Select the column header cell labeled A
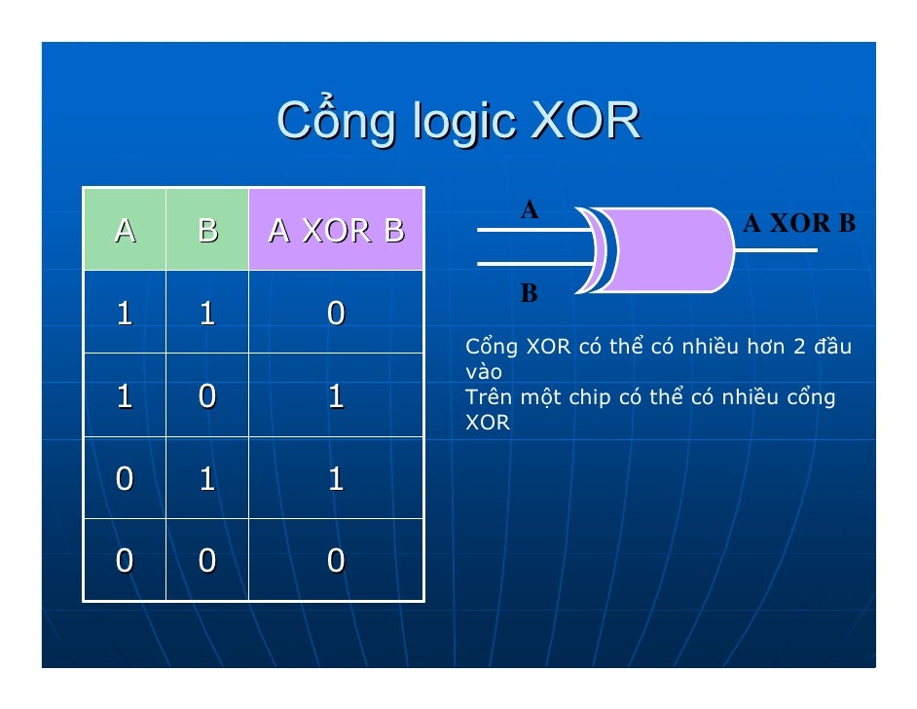125,230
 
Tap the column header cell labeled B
206,230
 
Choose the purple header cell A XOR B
336,230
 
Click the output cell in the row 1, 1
336,313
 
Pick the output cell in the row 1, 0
336,395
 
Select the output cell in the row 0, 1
336,478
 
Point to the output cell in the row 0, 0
336,561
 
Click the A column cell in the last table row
125,561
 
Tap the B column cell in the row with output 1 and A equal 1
206,395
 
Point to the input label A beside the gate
529,209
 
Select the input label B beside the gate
529,293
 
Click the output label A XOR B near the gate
798,225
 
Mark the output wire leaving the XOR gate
777,250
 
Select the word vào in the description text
483,373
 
